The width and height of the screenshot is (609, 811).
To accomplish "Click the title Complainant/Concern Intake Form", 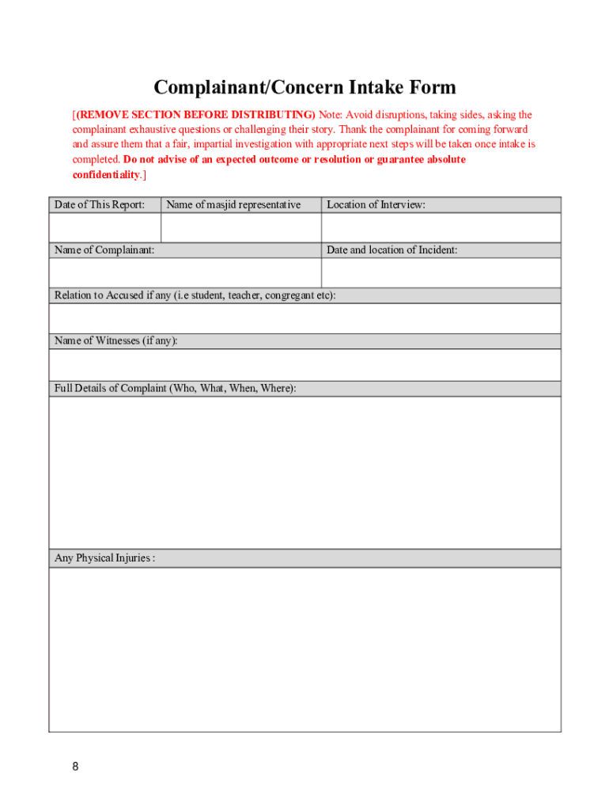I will (304, 87).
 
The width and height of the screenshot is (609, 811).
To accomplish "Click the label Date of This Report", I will (100, 205).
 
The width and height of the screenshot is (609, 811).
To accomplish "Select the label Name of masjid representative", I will (233, 205).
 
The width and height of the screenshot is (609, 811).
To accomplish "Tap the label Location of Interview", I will (376, 205).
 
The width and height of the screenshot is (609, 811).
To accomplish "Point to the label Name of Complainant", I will (104, 250).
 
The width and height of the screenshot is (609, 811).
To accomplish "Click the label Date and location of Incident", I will (391, 250).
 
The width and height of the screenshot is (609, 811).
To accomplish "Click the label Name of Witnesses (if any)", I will (116, 341).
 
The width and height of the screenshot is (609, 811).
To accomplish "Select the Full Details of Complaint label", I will (175, 389).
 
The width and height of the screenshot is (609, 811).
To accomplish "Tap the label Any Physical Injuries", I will (104, 558).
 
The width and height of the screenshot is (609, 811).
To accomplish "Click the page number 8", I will (75, 767).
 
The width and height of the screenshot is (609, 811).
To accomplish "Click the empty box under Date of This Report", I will (104, 227).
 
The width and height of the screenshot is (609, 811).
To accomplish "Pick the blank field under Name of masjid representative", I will (241, 227).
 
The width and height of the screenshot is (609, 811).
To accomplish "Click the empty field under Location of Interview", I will (441, 227).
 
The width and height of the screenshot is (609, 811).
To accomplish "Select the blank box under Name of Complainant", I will (184, 273).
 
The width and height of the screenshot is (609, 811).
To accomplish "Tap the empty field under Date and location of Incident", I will (441, 273).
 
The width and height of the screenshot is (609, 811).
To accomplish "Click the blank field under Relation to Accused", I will (304, 318).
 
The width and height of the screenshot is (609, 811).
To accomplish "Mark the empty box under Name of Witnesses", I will (304, 365).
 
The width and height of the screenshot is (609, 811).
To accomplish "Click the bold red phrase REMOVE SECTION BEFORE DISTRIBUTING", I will (195, 115).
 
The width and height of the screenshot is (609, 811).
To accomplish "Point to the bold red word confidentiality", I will (106, 174).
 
